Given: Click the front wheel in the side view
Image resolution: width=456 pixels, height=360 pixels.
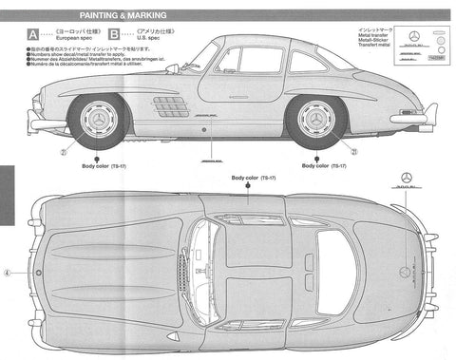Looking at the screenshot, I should coord(100,120).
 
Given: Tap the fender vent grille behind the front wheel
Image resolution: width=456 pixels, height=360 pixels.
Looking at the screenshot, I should coord(170,104).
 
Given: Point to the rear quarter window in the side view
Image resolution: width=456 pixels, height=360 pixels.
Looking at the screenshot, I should coord(306,63).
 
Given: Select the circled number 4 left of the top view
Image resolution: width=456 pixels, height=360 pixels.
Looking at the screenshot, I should coord(6,270).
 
